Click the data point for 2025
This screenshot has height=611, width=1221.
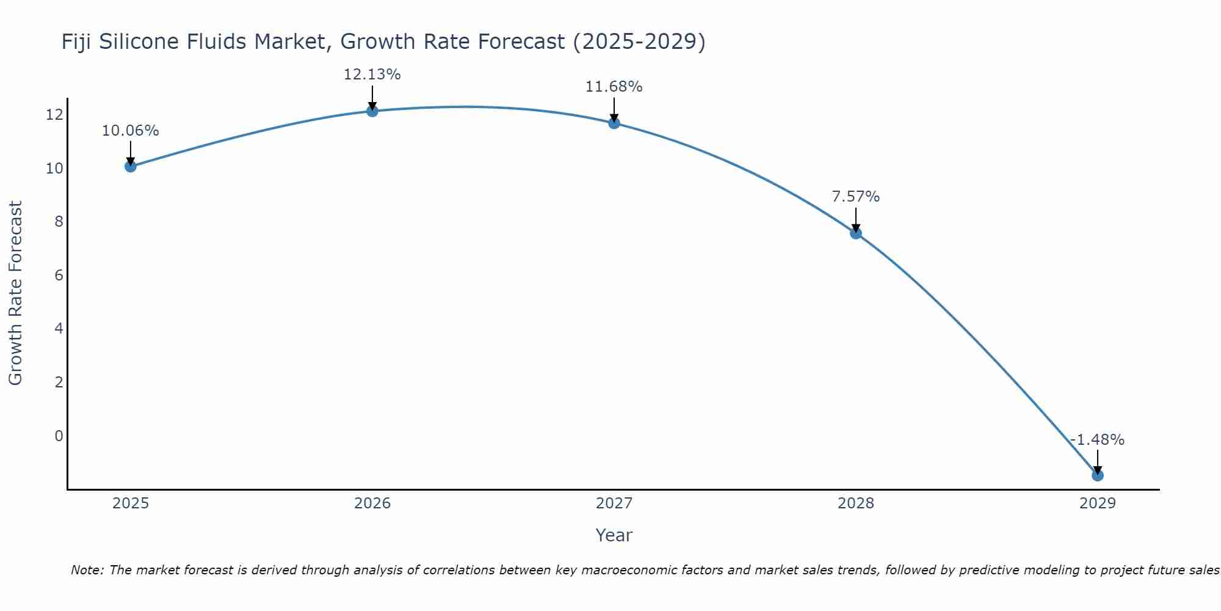pos(130,166)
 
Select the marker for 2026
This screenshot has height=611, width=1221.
pos(372,111)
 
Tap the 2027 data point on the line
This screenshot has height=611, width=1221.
pos(614,123)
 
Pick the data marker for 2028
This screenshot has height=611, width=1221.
pos(855,233)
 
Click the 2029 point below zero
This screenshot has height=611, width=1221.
pos(1097,475)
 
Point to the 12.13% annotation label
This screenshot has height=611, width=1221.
pos(372,75)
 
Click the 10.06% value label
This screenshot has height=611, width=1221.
pos(130,131)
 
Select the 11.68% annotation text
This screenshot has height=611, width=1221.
pos(614,87)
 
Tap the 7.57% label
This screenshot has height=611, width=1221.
pos(855,197)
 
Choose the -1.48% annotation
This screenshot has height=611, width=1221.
pos(1097,440)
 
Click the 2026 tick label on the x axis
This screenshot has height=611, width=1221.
pos(372,503)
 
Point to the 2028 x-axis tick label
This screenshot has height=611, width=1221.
pos(855,503)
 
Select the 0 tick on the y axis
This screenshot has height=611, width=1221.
pos(59,436)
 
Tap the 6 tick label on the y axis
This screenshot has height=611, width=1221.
pos(59,275)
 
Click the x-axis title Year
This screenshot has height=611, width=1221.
pos(614,535)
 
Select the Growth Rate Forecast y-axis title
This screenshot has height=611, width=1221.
pos(15,293)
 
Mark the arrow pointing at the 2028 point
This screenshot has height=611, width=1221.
pos(855,219)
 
